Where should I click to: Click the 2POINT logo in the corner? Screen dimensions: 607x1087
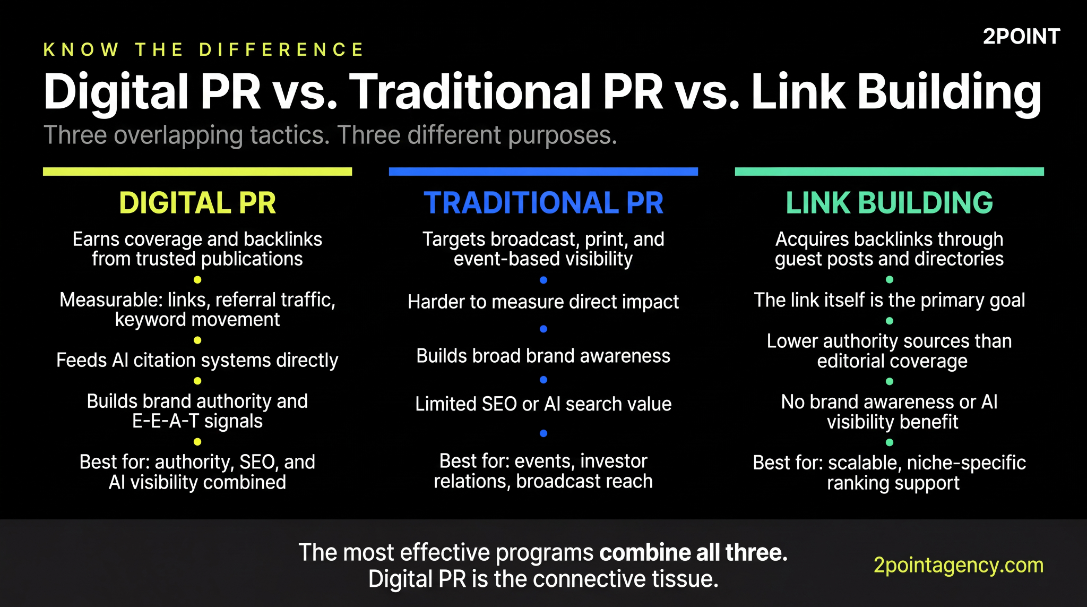click(1021, 37)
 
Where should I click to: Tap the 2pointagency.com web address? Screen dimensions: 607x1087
click(958, 565)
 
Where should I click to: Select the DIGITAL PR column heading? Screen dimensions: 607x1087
click(197, 203)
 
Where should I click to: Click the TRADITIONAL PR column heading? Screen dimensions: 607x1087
click(543, 203)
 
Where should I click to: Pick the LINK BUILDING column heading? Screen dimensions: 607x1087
click(889, 203)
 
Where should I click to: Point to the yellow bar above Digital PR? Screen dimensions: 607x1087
click(197, 172)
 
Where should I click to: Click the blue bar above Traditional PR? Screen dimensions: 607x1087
click(543, 172)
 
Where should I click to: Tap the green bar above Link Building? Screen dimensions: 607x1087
click(889, 172)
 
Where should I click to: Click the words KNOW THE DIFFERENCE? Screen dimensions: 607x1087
click(204, 50)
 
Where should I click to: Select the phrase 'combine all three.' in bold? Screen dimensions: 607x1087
click(693, 553)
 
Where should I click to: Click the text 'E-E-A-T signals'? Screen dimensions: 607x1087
click(197, 421)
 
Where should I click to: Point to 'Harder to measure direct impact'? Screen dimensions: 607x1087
click(543, 302)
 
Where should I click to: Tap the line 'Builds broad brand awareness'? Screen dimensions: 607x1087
click(543, 356)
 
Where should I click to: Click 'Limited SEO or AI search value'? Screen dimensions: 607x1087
click(543, 404)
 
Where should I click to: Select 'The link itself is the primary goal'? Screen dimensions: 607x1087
click(889, 300)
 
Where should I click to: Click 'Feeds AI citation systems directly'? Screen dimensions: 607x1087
click(197, 360)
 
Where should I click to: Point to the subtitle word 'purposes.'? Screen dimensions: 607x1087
click(563, 135)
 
